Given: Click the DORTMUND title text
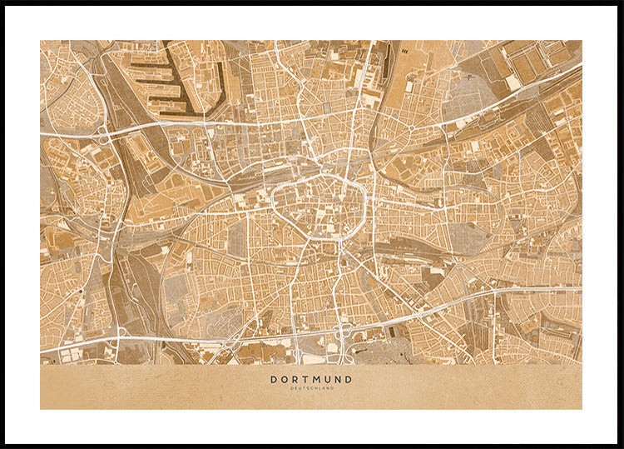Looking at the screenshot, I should point(311,379).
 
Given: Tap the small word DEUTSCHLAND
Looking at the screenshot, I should point(311,388).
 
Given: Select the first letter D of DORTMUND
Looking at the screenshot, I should point(274,379).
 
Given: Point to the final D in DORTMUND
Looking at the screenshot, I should point(349,379).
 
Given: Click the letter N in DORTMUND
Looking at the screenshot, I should point(338,379).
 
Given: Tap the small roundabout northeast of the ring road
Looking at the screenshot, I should point(411,128).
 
